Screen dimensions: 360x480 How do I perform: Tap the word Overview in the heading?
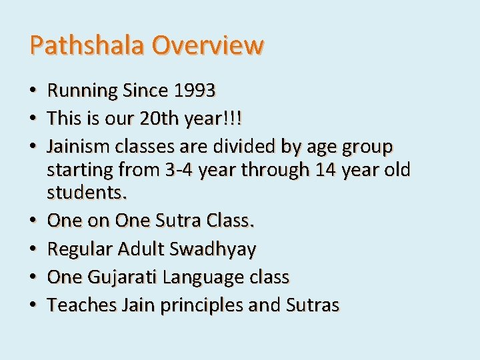pyautogui.click(x=207, y=45)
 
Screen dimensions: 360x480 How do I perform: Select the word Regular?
pyautogui.click(x=80, y=249)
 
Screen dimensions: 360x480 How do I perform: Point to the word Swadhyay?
pyautogui.click(x=213, y=249)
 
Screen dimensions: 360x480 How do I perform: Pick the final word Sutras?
pyautogui.click(x=313, y=305)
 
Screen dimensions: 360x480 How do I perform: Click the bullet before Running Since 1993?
pyautogui.click(x=33, y=91)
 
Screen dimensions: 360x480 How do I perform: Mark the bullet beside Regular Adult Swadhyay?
pyautogui.click(x=33, y=250)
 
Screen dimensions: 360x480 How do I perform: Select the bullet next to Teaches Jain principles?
pyautogui.click(x=33, y=306)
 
